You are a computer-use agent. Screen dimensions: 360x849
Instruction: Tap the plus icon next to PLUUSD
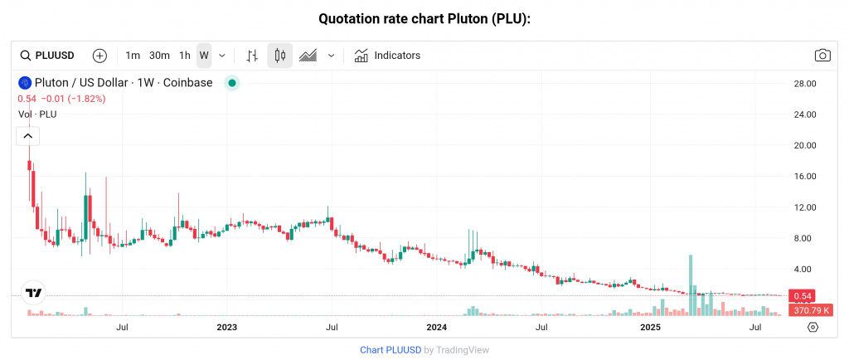tap(99, 56)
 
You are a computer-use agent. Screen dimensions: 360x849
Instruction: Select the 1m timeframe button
tap(133, 56)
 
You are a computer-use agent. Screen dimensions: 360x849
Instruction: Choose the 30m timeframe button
tap(159, 56)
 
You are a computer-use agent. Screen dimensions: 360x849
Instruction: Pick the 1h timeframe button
tap(185, 56)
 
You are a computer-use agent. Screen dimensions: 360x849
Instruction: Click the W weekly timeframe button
tap(204, 56)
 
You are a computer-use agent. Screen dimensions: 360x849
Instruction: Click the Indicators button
tap(387, 56)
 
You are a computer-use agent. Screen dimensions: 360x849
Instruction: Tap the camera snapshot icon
tap(822, 56)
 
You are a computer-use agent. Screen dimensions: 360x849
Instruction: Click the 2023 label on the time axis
tap(227, 328)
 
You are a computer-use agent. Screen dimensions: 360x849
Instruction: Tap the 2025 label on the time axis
tap(649, 328)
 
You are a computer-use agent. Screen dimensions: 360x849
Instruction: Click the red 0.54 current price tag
tap(803, 296)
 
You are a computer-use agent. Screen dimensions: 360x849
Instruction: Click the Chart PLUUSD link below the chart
tap(390, 350)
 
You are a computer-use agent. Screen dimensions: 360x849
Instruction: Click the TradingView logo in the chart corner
tap(34, 293)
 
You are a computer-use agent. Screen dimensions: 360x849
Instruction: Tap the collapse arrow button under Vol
tap(28, 135)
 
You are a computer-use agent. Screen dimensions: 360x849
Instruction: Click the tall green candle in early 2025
tap(691, 274)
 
